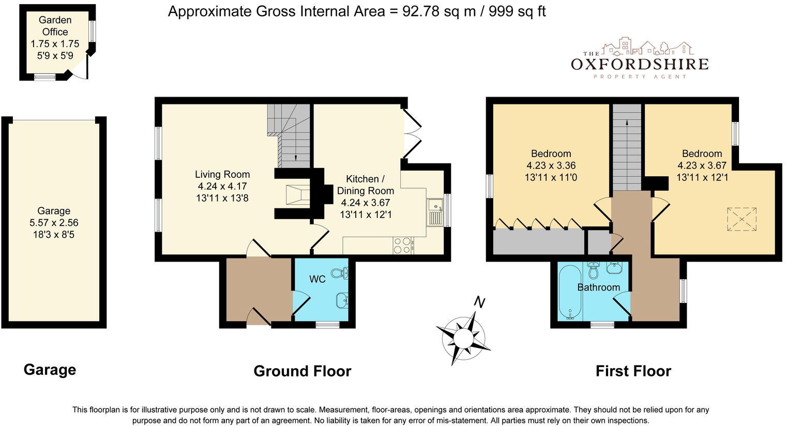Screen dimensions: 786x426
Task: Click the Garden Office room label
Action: (x=55, y=26)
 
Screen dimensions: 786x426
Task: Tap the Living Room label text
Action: (x=222, y=174)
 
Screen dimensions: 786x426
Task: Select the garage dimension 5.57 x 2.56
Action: (x=54, y=222)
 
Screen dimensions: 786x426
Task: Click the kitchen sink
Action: (x=435, y=212)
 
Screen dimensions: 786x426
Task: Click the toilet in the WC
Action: (x=340, y=273)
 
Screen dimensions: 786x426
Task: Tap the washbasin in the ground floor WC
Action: (x=342, y=300)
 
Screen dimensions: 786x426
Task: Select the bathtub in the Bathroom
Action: (x=570, y=293)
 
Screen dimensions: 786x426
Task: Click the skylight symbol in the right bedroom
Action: (x=742, y=219)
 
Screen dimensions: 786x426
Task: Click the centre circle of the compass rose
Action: (x=463, y=338)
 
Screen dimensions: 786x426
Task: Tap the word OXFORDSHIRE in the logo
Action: (x=640, y=64)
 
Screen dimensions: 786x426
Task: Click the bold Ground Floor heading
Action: (x=302, y=371)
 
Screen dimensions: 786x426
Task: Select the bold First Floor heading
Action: (x=633, y=371)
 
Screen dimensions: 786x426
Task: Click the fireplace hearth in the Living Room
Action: (x=297, y=195)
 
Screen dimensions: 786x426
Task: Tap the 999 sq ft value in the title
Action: (x=517, y=11)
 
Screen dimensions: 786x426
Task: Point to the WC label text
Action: (x=317, y=279)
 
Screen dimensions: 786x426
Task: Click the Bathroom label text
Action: (x=599, y=287)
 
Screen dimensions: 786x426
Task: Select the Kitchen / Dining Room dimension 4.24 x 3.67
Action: (x=366, y=203)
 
